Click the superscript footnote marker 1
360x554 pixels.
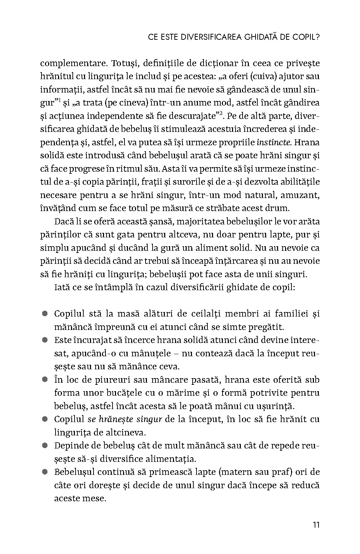point(59,100)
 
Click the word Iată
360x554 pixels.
point(62,287)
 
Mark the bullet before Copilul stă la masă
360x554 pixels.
point(45,313)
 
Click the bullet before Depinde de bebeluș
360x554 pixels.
point(45,446)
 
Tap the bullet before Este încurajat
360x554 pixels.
point(45,340)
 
